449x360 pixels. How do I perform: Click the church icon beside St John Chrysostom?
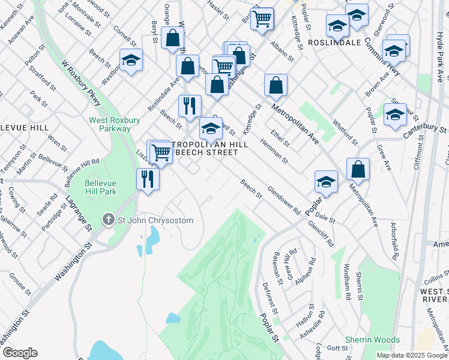pos(109,220)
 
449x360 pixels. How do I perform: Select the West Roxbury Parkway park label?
pos(110,124)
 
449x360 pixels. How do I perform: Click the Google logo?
pos(20,353)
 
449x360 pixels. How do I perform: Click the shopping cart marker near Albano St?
pos(262,19)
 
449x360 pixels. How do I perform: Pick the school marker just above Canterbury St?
pos(394,115)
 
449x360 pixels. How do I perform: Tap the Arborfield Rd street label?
pos(395,241)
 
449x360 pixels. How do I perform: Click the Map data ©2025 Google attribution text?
pos(412,355)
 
